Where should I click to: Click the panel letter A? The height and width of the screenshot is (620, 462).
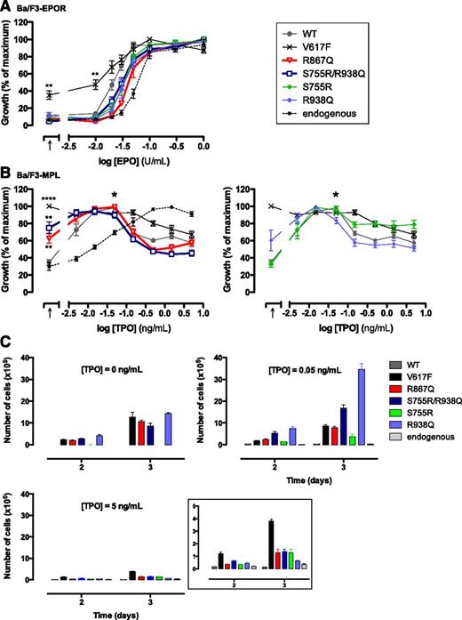click(x=6, y=6)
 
